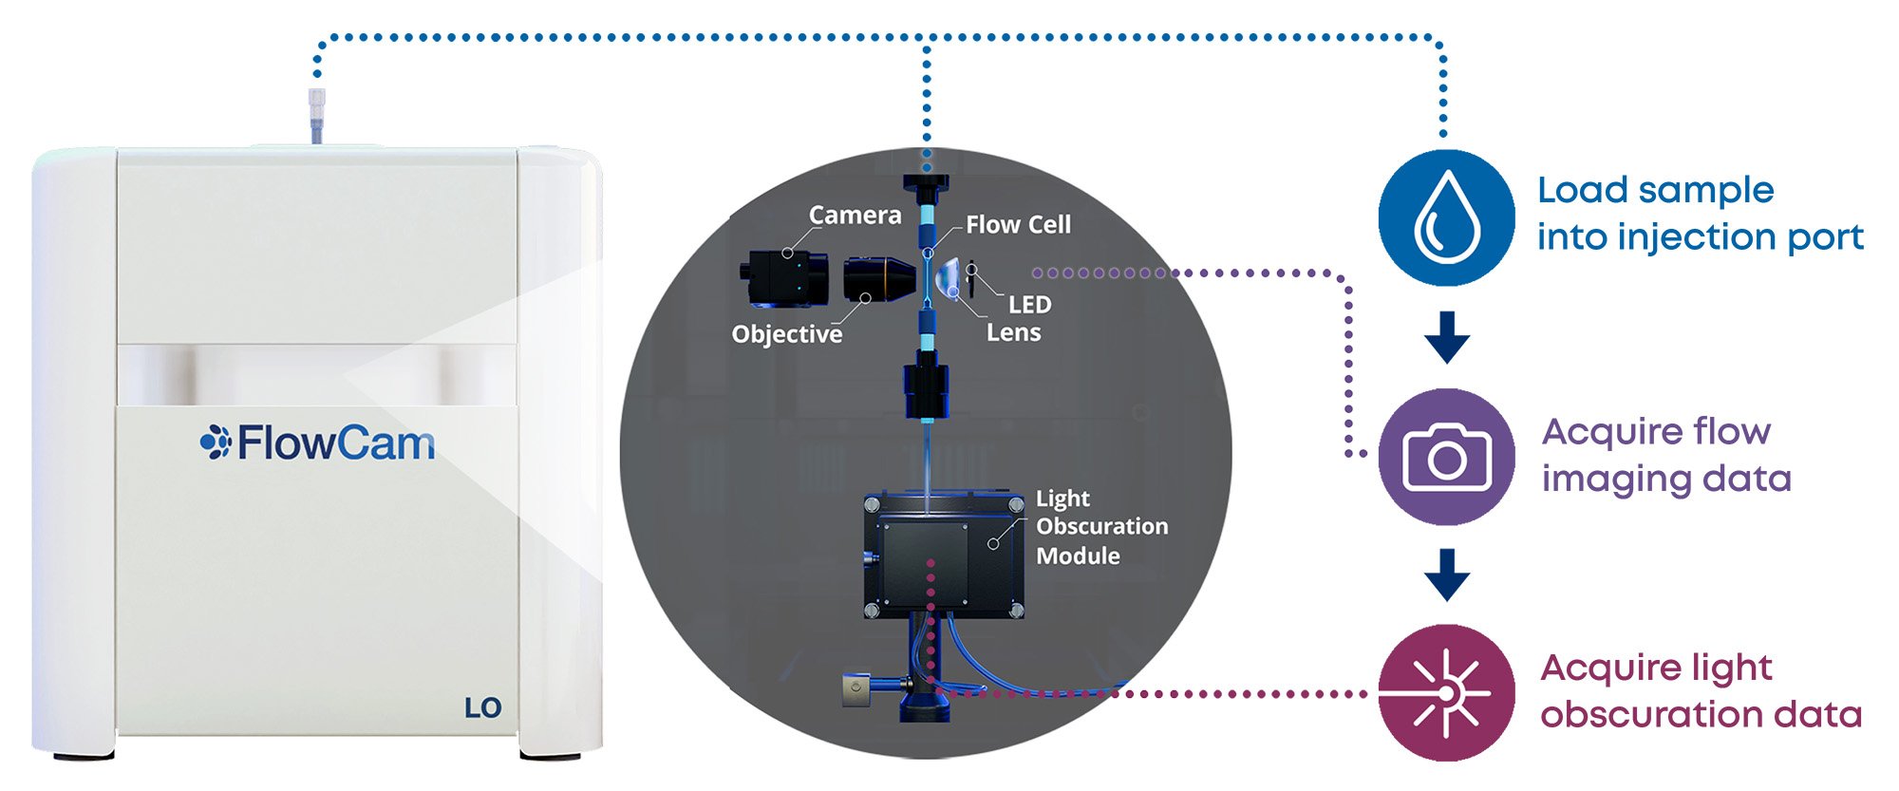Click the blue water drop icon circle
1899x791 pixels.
(1446, 217)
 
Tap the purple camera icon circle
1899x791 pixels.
(1446, 457)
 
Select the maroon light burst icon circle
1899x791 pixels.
(1446, 693)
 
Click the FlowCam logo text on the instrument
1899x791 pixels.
(318, 443)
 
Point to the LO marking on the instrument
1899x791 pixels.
(482, 707)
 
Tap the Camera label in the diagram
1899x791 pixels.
(855, 216)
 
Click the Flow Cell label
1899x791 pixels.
(1018, 225)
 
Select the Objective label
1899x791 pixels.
(786, 334)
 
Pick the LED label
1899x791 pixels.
(1029, 305)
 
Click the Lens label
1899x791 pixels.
(1013, 333)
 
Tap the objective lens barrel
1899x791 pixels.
(877, 279)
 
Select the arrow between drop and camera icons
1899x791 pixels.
(1447, 337)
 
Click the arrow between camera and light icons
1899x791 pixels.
(1447, 574)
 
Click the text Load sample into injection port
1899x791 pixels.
(1700, 214)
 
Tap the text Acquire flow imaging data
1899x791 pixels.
(1666, 455)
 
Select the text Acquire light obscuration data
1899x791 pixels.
(1700, 691)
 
